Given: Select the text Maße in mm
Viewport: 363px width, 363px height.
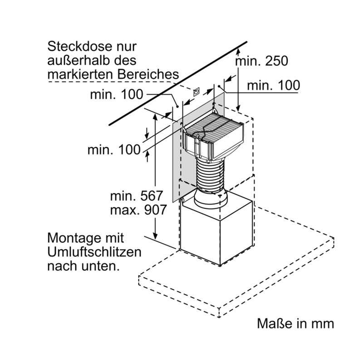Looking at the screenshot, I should pos(295,324).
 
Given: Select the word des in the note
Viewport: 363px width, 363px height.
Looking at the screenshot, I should pos(124,60).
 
